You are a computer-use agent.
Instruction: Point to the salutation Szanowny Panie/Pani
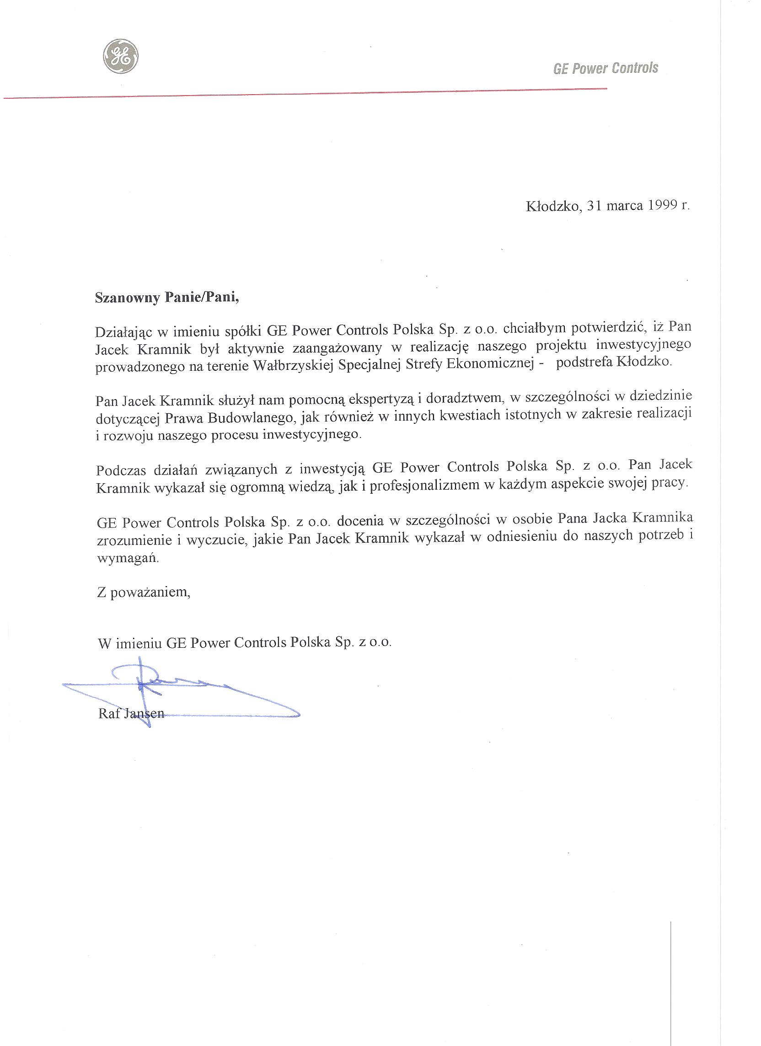pos(167,298)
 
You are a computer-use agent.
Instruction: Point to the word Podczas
pos(121,470)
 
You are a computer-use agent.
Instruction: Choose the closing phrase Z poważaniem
pos(144,592)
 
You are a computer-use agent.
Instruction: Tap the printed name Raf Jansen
pos(131,714)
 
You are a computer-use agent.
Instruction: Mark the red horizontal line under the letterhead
pos(305,94)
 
